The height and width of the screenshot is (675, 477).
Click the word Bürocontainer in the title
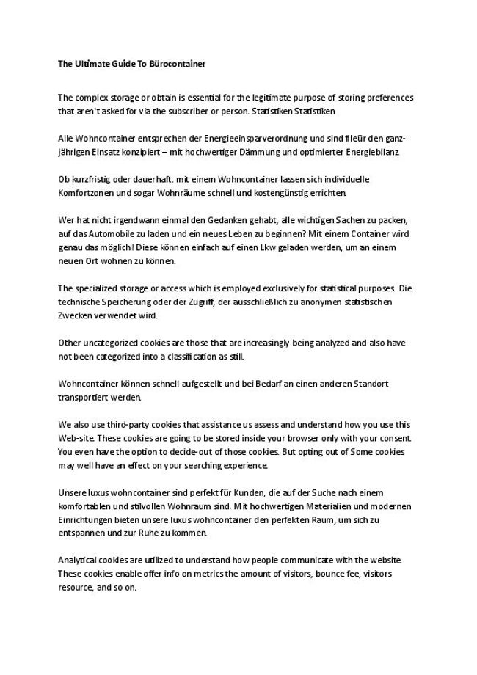point(178,64)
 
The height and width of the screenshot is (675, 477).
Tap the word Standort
point(371,384)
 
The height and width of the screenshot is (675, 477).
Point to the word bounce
point(316,574)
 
